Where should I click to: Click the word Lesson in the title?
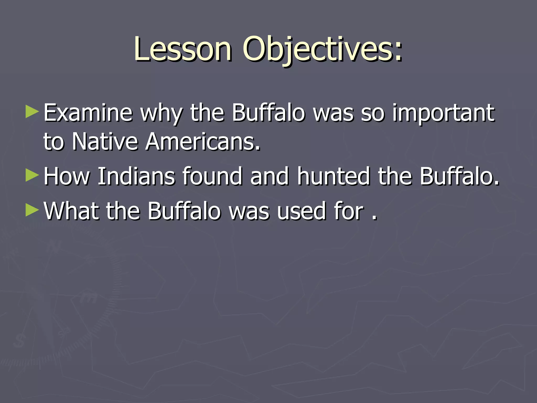click(x=183, y=49)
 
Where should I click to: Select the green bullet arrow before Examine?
click(x=32, y=112)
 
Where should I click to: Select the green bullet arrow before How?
click(x=32, y=175)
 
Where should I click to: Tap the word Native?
click(x=105, y=142)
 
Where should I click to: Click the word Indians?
click(x=136, y=176)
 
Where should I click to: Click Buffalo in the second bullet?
click(x=459, y=176)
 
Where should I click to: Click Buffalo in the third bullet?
click(x=184, y=211)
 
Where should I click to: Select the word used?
click(x=301, y=211)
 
